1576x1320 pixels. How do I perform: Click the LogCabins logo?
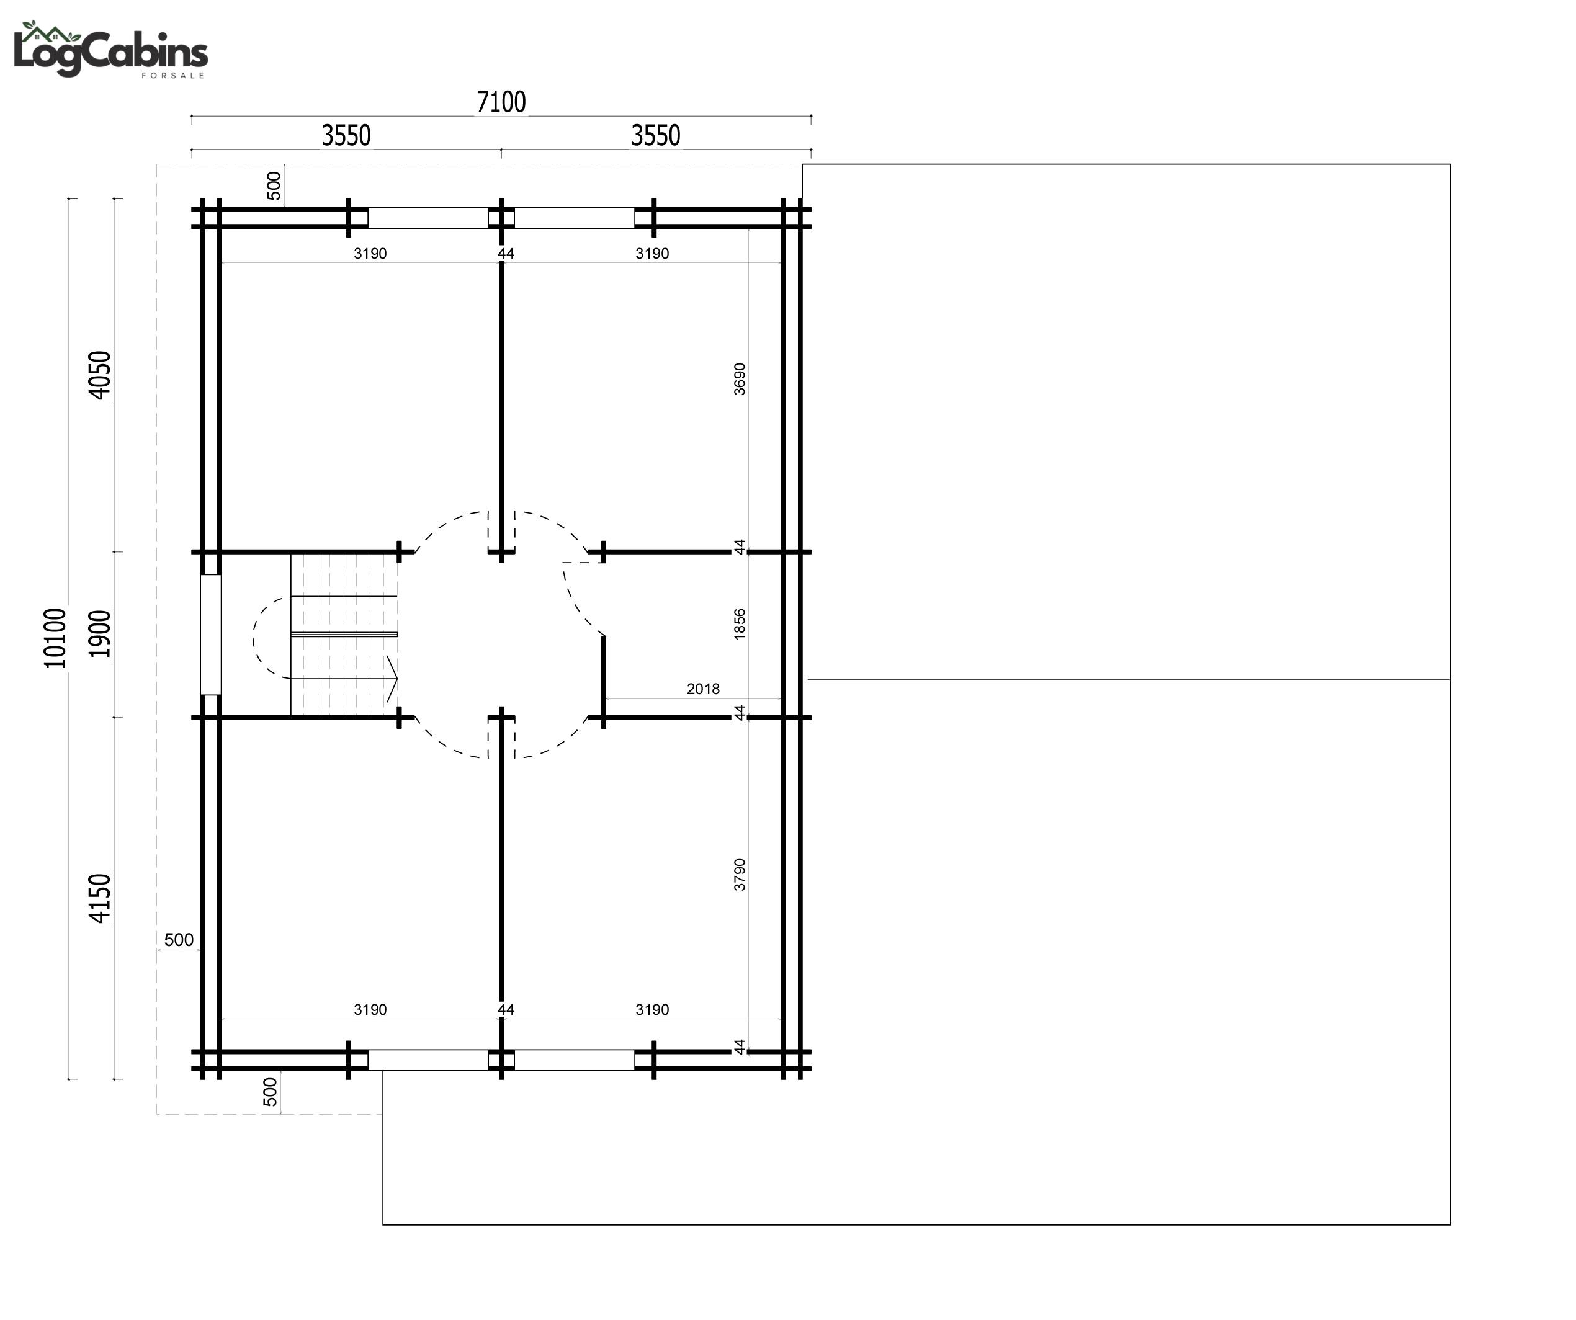tap(110, 50)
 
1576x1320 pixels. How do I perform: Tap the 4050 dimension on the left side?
tap(100, 375)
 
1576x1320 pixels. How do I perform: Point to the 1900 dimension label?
tap(100, 634)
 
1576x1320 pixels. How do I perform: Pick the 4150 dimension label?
tap(100, 898)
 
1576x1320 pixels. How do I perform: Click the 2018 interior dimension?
tap(703, 689)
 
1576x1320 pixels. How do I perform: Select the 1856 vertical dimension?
tap(740, 625)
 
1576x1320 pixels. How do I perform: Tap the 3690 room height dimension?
tap(740, 379)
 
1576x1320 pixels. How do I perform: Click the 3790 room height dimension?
tap(740, 875)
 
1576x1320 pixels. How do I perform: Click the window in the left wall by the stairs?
tap(211, 635)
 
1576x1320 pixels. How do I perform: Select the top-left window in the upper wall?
tap(428, 218)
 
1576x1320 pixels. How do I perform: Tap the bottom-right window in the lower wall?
tap(574, 1059)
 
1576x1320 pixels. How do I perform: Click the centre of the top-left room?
tap(360, 405)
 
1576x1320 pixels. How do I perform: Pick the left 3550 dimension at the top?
tap(346, 136)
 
